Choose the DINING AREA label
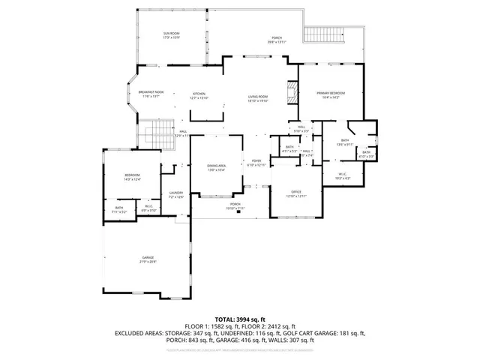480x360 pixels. click(x=217, y=168)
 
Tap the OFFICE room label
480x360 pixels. click(x=296, y=193)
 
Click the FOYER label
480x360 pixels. click(x=256, y=162)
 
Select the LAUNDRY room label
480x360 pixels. click(x=175, y=194)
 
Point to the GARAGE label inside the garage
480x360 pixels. click(x=148, y=259)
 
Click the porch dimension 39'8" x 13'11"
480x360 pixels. click(x=277, y=42)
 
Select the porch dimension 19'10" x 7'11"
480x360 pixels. click(x=235, y=208)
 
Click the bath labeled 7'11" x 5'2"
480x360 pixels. click(x=119, y=211)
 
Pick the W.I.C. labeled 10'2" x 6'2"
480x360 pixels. click(x=343, y=178)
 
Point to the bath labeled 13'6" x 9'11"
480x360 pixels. click(x=345, y=142)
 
